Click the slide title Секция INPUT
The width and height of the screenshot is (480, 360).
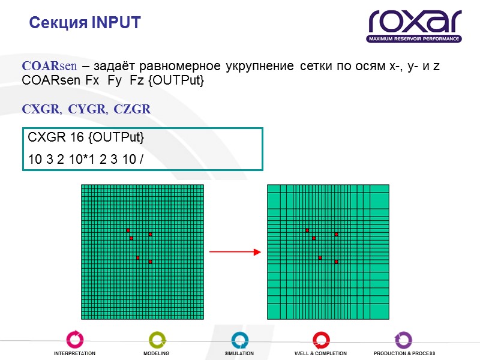pyautogui.click(x=85, y=23)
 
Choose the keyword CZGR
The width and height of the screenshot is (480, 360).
pyautogui.click(x=132, y=110)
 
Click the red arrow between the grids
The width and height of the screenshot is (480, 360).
pyautogui.click(x=235, y=252)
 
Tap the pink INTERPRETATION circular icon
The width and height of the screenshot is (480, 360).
pyautogui.click(x=74, y=340)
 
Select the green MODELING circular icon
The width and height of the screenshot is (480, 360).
pyautogui.click(x=157, y=340)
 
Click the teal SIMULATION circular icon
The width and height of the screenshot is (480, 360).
pyautogui.click(x=239, y=340)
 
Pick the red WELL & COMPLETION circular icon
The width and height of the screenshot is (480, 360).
pyautogui.click(x=321, y=340)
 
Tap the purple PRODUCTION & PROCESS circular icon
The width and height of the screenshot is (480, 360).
pyautogui.click(x=403, y=340)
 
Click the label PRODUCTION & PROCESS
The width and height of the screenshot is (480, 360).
pyautogui.click(x=404, y=354)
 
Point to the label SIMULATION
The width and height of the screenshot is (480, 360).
pyautogui.click(x=239, y=354)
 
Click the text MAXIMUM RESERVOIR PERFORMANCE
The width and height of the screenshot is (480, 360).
pyautogui.click(x=415, y=39)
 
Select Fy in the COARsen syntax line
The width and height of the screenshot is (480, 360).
pyautogui.click(x=113, y=80)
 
